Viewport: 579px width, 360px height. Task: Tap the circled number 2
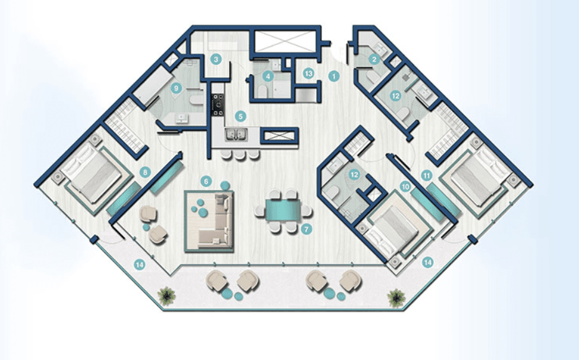point(374,60)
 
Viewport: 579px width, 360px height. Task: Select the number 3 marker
point(215,60)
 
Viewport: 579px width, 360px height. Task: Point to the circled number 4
point(268,77)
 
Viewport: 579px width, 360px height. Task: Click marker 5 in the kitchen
point(240,116)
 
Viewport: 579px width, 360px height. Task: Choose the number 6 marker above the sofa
point(206,181)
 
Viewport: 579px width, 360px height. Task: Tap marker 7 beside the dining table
point(306,229)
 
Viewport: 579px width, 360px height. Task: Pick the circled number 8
point(146,172)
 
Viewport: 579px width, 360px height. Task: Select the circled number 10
point(405,186)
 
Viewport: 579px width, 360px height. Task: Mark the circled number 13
point(308,73)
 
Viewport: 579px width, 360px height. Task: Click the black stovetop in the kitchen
point(218,103)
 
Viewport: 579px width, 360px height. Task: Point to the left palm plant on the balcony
point(166,295)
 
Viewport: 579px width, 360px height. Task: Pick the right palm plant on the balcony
point(395,298)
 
